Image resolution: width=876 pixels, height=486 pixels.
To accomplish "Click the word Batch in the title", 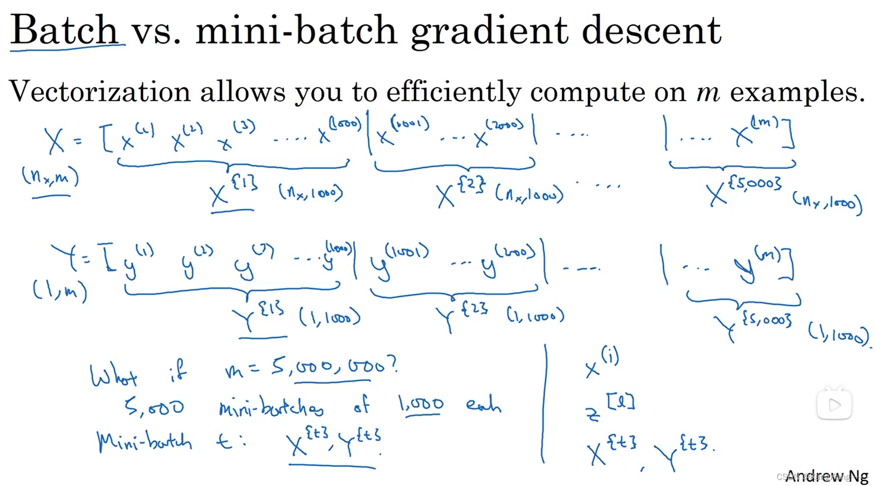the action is pos(65,30).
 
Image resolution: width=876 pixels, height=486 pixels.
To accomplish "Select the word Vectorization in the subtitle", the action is pos(99,91).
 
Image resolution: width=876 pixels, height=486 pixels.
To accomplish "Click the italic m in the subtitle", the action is pos(708,91).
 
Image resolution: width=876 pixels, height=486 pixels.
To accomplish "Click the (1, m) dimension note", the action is pos(60,291).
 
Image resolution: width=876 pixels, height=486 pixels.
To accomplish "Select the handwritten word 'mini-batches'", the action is pos(271,407).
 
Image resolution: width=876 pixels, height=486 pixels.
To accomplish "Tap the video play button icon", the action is pos(834,405).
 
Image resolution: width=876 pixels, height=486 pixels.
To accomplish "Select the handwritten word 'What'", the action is pos(113,375).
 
